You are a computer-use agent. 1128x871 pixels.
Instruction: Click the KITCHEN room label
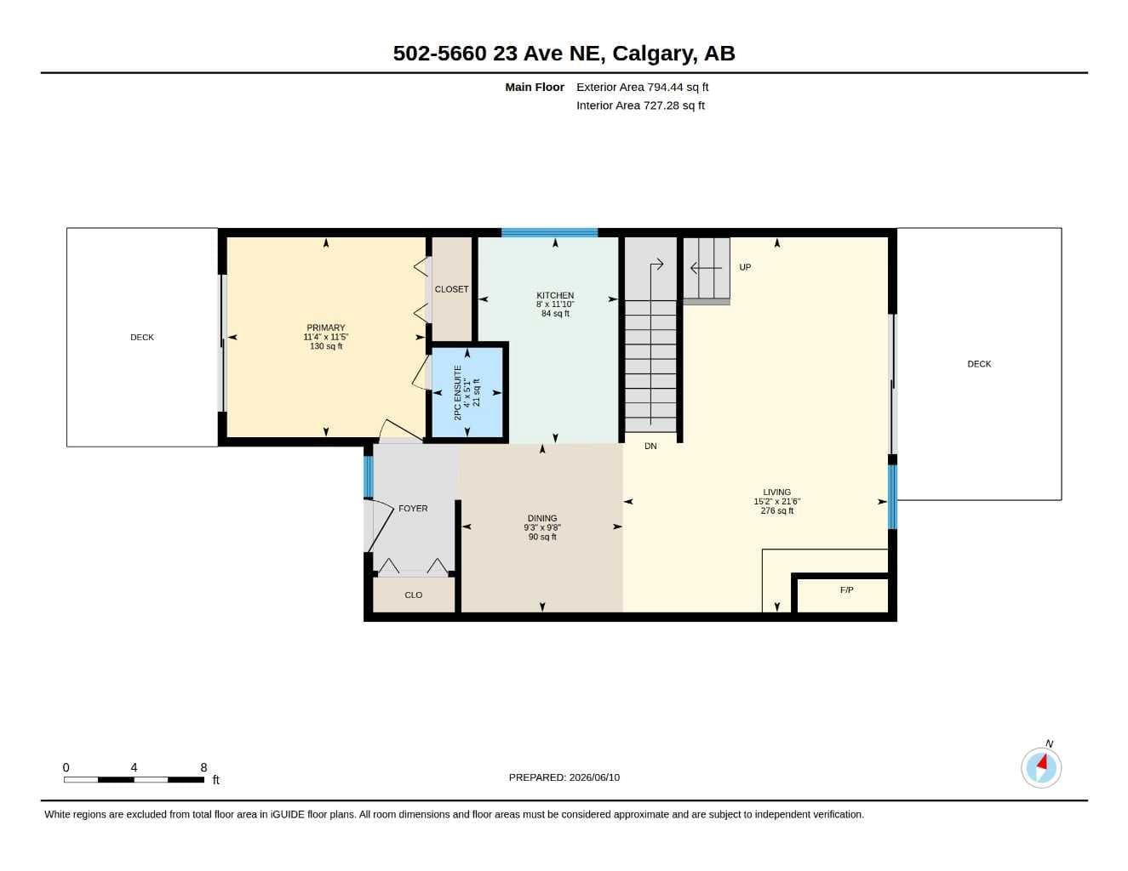click(x=555, y=295)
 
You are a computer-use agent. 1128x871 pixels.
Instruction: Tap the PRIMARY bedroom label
click(x=325, y=327)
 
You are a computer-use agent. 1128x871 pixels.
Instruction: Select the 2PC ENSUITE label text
click(x=457, y=392)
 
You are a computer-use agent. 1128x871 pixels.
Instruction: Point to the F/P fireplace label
click(x=846, y=590)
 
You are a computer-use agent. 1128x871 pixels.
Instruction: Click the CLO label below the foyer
click(x=413, y=595)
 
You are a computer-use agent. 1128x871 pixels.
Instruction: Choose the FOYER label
click(x=413, y=509)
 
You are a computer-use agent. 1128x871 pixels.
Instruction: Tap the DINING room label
click(x=542, y=519)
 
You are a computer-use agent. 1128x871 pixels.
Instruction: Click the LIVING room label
click(x=776, y=492)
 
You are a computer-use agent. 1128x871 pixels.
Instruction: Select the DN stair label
click(x=650, y=446)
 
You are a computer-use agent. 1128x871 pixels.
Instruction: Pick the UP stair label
click(x=745, y=267)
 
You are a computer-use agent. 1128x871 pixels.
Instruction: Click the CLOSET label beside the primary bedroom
click(x=451, y=289)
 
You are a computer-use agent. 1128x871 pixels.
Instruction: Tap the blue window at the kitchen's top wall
click(x=549, y=233)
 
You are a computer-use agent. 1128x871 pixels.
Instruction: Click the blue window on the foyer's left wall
click(x=368, y=476)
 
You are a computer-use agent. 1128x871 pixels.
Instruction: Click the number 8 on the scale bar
click(x=203, y=767)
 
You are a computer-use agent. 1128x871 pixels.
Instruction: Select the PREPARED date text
click(x=564, y=777)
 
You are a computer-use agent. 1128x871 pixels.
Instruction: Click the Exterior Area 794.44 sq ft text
click(x=642, y=87)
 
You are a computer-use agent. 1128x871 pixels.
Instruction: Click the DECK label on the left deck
click(x=141, y=338)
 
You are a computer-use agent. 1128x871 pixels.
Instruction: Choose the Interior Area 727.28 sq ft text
click(x=640, y=105)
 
